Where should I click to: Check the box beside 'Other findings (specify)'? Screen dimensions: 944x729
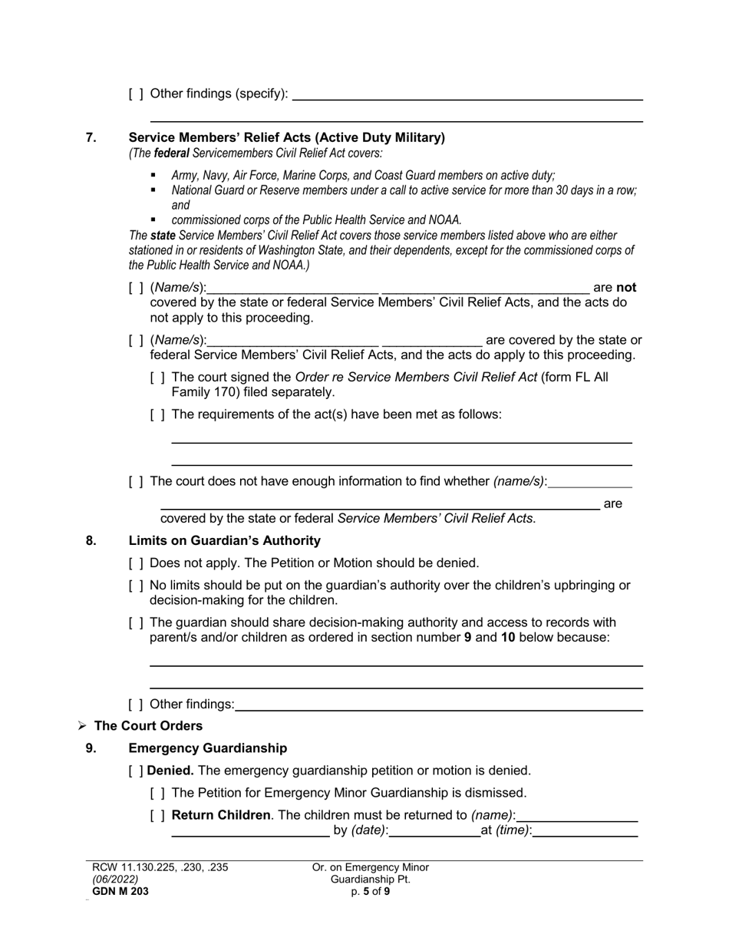point(136,94)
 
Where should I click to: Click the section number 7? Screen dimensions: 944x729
point(91,138)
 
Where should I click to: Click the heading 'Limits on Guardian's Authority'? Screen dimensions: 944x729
point(224,540)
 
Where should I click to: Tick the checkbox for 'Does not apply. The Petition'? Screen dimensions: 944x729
point(136,563)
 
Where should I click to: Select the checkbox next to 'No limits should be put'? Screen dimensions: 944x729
point(136,586)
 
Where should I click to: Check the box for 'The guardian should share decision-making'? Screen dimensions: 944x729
point(136,622)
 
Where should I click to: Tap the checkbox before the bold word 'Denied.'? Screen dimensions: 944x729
point(136,771)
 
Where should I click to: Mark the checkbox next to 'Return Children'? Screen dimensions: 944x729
point(157,815)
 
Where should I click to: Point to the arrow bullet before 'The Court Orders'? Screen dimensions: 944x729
point(82,726)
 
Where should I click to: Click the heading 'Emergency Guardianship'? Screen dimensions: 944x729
point(207,748)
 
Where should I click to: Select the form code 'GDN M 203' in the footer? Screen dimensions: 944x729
point(120,891)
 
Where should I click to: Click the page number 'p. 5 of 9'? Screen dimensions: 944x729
point(370,891)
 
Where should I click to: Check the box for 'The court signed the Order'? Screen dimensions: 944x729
point(157,378)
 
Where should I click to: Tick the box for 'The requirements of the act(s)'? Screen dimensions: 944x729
point(157,415)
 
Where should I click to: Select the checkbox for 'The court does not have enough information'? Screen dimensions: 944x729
point(136,482)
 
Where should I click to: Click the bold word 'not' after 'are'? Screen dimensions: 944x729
point(626,288)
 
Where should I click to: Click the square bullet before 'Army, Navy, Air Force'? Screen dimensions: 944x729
point(153,175)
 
